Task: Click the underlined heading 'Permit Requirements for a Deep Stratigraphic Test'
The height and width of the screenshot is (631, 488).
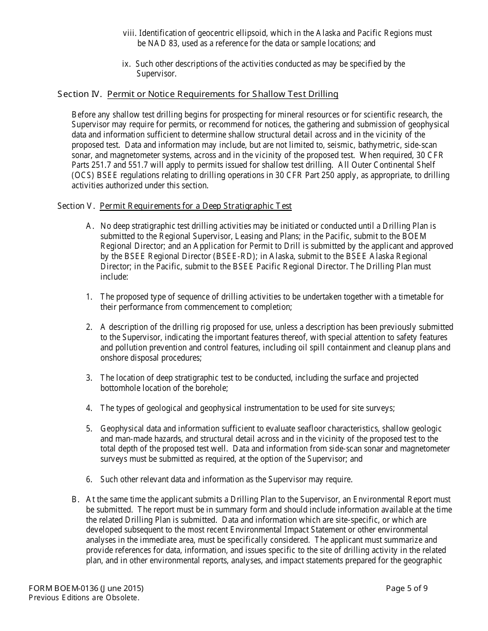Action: pos(195,206)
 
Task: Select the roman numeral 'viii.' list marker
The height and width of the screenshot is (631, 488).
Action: pos(129,33)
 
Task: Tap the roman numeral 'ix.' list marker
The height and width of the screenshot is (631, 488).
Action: pos(126,64)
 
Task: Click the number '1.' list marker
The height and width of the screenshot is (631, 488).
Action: pos(89,297)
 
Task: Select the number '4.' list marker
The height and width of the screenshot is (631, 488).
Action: pos(89,408)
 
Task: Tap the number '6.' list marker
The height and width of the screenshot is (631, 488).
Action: pos(89,480)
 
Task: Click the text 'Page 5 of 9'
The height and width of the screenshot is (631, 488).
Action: pos(407,588)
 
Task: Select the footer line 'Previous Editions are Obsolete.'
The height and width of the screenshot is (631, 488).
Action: pos(84,597)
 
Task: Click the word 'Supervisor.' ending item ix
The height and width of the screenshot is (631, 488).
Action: pos(157,74)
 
